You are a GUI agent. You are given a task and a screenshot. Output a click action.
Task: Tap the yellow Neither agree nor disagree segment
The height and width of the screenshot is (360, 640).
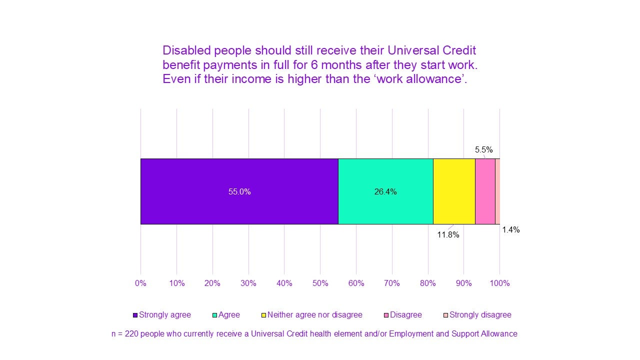454,191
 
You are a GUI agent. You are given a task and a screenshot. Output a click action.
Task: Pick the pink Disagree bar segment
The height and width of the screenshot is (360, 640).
485,191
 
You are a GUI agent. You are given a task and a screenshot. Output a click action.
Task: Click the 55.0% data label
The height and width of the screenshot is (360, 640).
239,192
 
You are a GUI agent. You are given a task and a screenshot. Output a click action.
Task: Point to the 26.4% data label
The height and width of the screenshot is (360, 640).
385,192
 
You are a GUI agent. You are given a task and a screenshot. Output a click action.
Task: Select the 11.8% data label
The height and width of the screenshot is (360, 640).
448,235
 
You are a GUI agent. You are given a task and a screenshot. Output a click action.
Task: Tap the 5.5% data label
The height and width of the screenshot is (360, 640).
483,149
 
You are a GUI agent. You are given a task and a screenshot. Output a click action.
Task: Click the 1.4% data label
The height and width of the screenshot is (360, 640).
510,230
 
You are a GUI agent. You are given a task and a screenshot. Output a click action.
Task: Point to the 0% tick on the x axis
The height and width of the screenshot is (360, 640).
140,283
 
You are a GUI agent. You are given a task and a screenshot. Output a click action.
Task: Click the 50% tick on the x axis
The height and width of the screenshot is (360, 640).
320,283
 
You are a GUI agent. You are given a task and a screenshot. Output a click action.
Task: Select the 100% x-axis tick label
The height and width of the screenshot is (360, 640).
499,283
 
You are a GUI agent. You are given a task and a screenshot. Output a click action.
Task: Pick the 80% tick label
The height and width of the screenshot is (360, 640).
427,283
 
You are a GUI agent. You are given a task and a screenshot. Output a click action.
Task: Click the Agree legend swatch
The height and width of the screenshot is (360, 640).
215,315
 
